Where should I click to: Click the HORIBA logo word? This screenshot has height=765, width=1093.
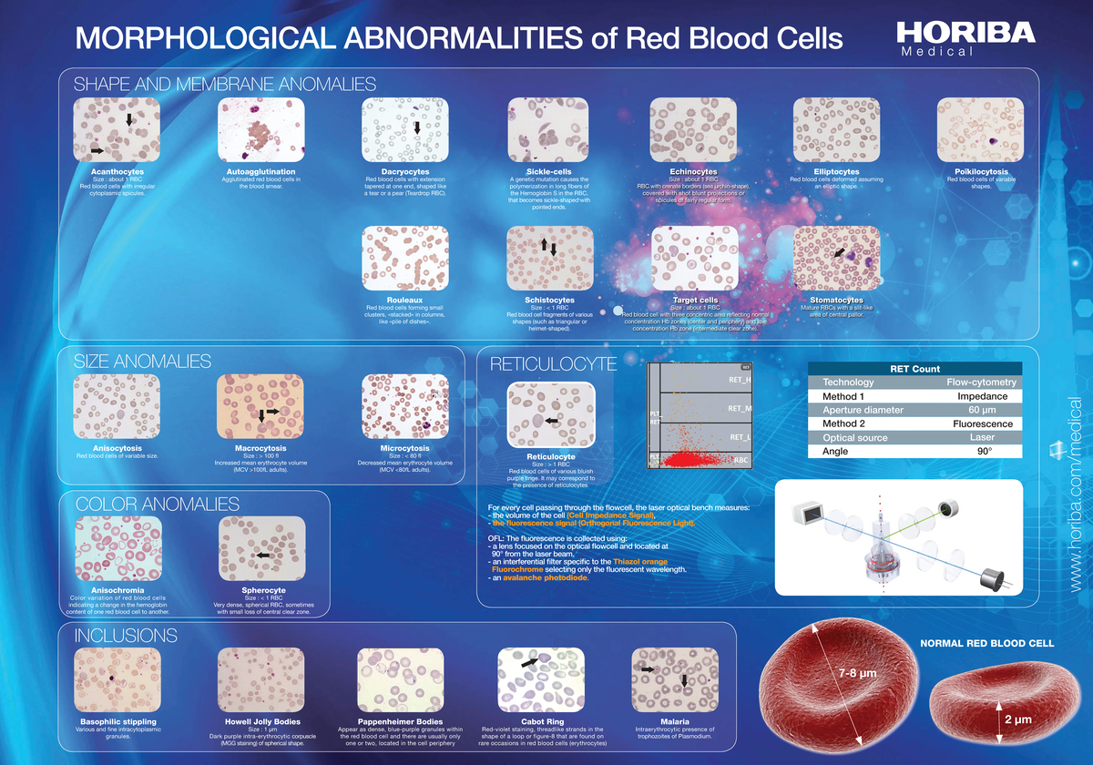click(x=965, y=33)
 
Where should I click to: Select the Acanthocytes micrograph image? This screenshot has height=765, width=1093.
click(x=116, y=129)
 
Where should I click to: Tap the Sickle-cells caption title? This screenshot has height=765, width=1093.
click(x=549, y=170)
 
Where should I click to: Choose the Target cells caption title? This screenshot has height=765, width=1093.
click(x=695, y=300)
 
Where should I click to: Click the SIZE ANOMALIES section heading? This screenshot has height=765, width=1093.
click(x=143, y=362)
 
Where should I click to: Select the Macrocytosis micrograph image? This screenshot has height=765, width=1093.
click(x=260, y=405)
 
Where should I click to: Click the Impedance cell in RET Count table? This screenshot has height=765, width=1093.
click(x=982, y=396)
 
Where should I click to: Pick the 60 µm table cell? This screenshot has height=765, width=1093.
click(x=982, y=410)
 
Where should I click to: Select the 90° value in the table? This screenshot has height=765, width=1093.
click(x=982, y=451)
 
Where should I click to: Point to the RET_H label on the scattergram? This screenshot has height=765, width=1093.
click(x=739, y=380)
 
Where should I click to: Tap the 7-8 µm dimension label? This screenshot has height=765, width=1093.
click(x=855, y=673)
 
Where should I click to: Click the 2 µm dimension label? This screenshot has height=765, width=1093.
click(x=1017, y=719)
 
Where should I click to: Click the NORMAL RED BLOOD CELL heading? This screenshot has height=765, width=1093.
click(x=987, y=643)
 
